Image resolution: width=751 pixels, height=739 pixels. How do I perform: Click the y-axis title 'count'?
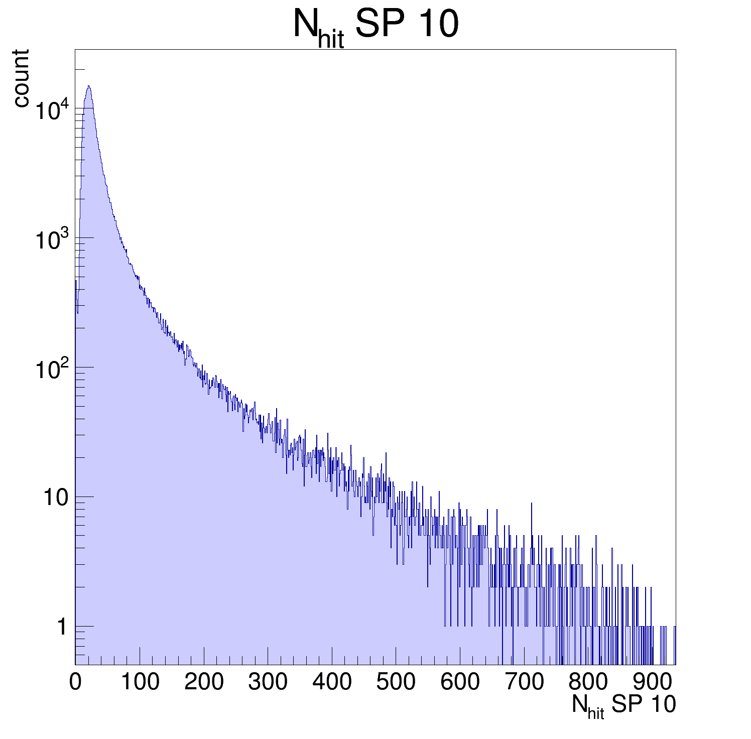pyautogui.click(x=21, y=78)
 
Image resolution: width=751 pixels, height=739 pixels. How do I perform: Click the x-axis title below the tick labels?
pyautogui.click(x=623, y=706)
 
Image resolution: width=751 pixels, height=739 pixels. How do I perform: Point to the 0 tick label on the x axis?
pyautogui.click(x=75, y=682)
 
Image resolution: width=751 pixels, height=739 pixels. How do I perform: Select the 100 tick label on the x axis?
pyautogui.click(x=140, y=682)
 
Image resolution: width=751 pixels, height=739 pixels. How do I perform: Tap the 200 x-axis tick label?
pyautogui.click(x=204, y=682)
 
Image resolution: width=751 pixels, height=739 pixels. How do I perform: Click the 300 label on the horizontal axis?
pyautogui.click(x=268, y=682)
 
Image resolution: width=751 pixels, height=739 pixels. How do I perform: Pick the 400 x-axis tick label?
pyautogui.click(x=332, y=682)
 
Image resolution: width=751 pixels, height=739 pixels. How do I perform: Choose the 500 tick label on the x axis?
pyautogui.click(x=396, y=682)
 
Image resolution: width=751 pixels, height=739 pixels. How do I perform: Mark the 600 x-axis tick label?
pyautogui.click(x=460, y=682)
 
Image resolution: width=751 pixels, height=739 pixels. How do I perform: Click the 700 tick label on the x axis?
pyautogui.click(x=524, y=682)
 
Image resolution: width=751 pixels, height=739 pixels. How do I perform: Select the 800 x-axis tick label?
pyautogui.click(x=588, y=682)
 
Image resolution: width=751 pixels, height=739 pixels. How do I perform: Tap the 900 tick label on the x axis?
pyautogui.click(x=652, y=682)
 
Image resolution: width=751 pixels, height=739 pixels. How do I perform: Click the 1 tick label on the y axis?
pyautogui.click(x=62, y=627)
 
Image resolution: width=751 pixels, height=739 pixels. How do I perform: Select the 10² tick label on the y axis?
pyautogui.click(x=51, y=369)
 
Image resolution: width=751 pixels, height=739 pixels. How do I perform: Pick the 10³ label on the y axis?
pyautogui.click(x=51, y=240)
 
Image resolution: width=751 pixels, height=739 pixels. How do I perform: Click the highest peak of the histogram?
pyautogui.click(x=88, y=86)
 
